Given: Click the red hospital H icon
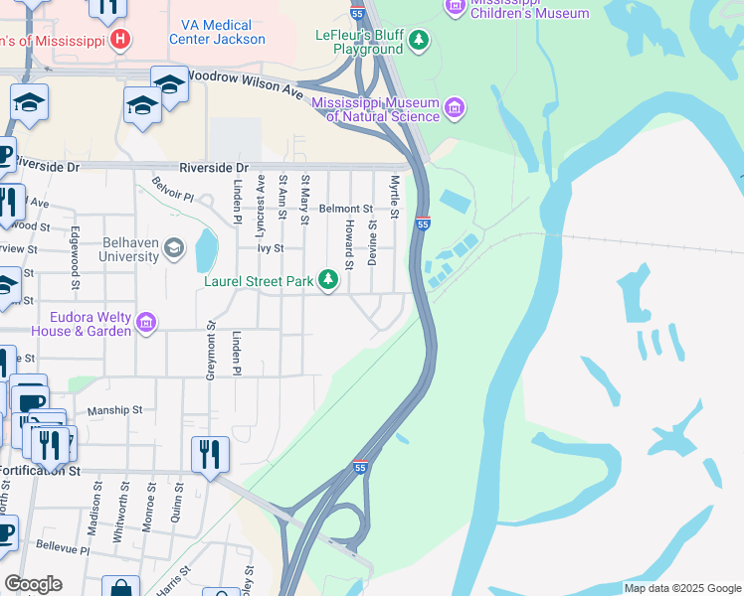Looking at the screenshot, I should [x=120, y=40].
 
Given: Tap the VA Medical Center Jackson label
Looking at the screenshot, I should [x=217, y=32].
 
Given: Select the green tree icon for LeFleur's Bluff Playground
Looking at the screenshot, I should [x=420, y=40].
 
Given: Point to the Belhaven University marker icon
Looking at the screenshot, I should [x=174, y=247].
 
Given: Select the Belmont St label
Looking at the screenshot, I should [x=345, y=210].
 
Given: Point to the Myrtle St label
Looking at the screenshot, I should [x=395, y=198].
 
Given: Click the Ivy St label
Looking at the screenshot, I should [x=273, y=248].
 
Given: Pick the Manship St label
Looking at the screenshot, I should [x=115, y=409].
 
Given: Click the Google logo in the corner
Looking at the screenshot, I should [x=33, y=584].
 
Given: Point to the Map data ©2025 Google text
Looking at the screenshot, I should [x=681, y=588].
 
